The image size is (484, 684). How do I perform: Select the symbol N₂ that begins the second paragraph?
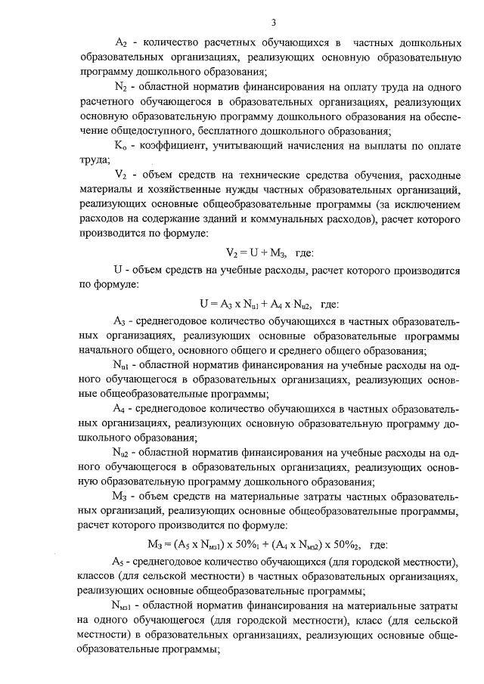[122, 88]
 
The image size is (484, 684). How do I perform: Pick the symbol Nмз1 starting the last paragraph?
[123, 606]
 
